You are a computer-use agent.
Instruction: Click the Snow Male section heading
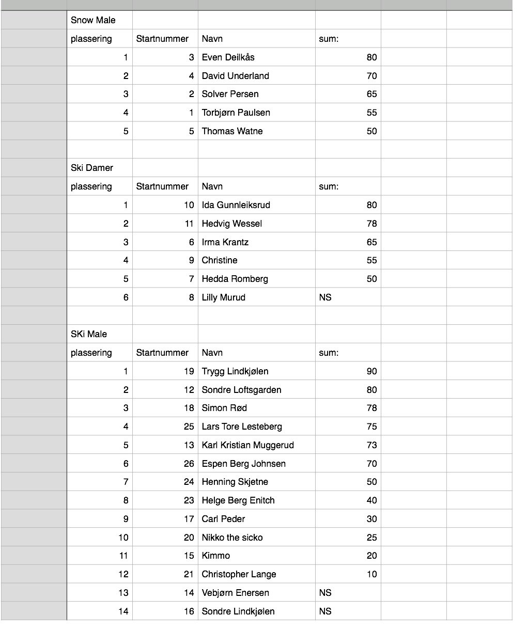[x=93, y=20]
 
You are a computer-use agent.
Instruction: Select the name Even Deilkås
[x=228, y=57]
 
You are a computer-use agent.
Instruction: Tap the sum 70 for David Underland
[x=371, y=76]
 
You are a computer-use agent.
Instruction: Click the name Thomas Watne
[x=232, y=131]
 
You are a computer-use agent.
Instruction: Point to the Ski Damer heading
[x=92, y=168]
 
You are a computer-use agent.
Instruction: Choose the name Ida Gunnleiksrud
[x=236, y=205]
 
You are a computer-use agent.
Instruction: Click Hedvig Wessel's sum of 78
[x=371, y=224]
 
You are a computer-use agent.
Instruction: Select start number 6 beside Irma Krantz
[x=191, y=242]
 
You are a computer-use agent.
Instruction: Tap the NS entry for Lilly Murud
[x=326, y=297]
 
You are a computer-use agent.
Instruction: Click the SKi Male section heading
[x=89, y=334]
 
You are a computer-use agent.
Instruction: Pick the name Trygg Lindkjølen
[x=235, y=371]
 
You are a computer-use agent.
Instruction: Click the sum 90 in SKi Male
[x=371, y=371]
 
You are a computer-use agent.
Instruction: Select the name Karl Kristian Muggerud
[x=247, y=445]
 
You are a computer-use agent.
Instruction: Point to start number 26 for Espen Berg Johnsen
[x=189, y=464]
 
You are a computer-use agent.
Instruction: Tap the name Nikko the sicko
[x=232, y=538]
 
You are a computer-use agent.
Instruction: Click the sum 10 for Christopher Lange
[x=371, y=574]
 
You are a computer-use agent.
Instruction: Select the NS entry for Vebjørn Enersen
[x=326, y=593]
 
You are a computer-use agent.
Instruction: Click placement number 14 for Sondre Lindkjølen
[x=123, y=611]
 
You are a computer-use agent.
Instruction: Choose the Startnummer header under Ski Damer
[x=162, y=186]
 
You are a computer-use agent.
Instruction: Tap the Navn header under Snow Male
[x=212, y=39]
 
